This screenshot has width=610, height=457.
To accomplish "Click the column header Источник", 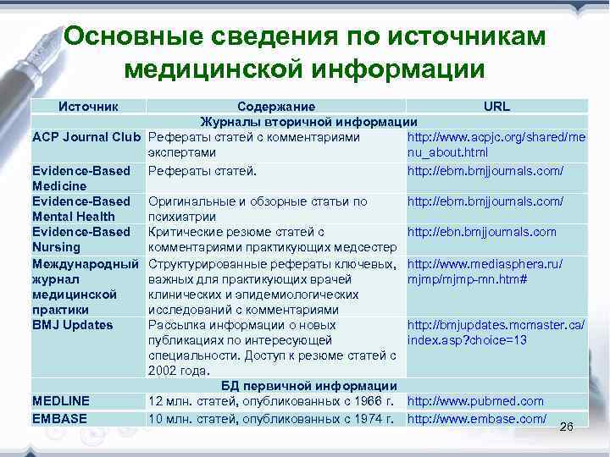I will tap(87, 107).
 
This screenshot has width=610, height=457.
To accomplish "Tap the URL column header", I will tap(496, 107).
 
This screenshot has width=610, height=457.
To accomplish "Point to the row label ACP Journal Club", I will tap(86, 137).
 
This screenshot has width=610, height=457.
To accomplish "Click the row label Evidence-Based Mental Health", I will tap(80, 208).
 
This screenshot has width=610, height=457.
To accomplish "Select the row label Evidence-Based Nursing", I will tap(80, 239).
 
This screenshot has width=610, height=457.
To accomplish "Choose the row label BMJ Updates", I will tap(72, 324).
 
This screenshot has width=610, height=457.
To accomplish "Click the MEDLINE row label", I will tap(61, 401).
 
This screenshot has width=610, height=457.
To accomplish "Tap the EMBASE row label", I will tap(58, 418).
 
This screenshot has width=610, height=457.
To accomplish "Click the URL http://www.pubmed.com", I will tap(475, 401).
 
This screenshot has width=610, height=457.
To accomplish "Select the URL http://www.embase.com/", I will tap(476, 418).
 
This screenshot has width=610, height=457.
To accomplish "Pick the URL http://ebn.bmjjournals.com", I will tap(482, 232).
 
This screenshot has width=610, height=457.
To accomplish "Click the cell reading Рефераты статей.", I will tap(202, 171).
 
